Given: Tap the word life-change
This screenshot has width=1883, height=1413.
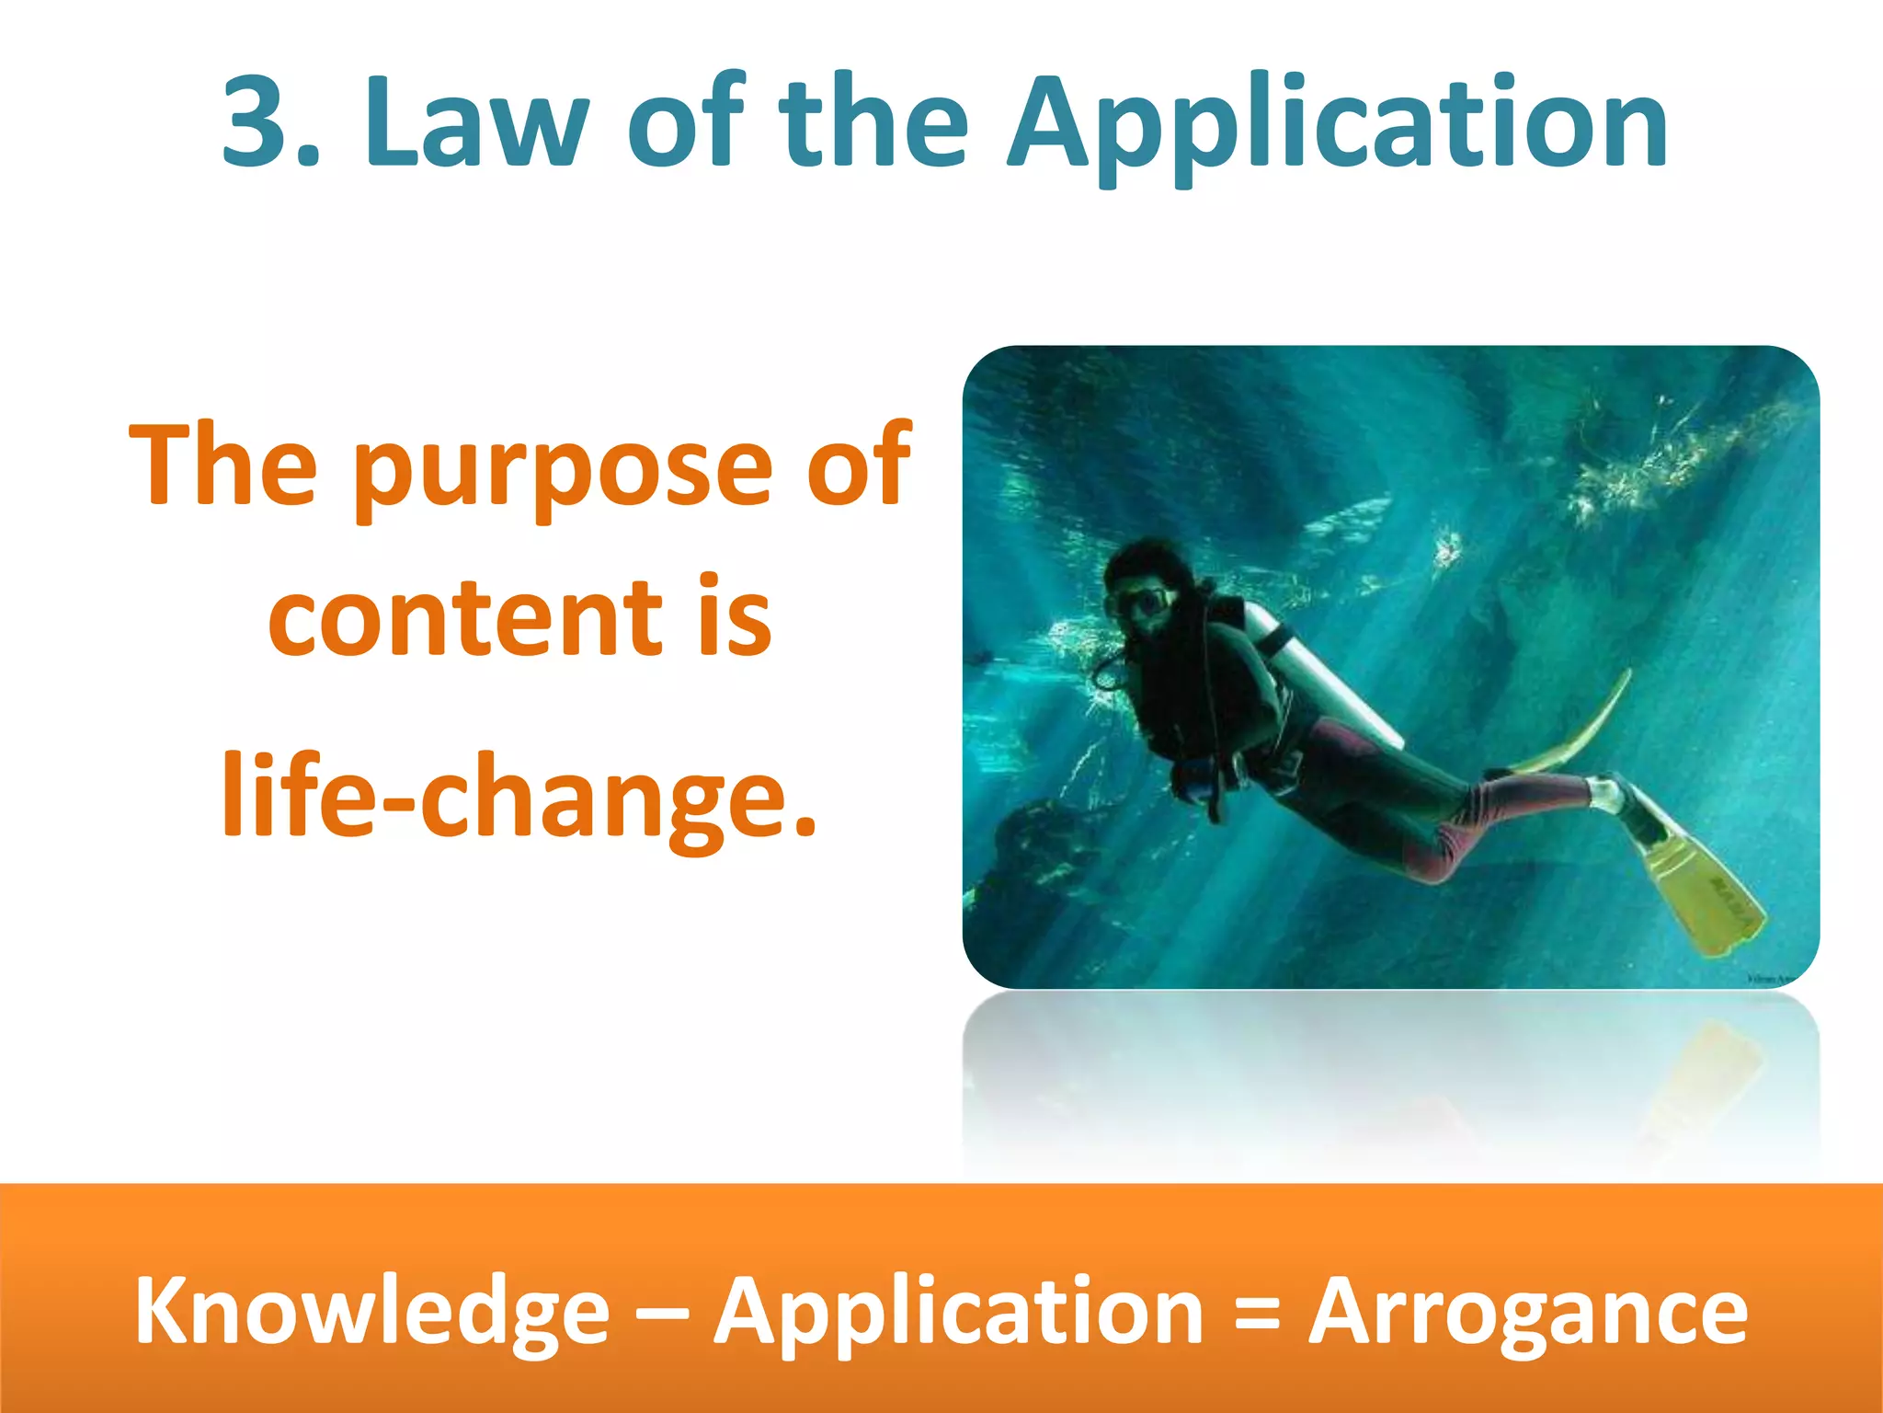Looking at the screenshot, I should tap(519, 793).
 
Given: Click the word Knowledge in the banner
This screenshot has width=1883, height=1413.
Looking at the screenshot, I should tap(372, 1311).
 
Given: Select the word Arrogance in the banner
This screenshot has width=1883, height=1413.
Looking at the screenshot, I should tap(1527, 1311).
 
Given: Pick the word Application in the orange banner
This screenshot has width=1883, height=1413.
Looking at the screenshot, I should tap(959, 1311).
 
